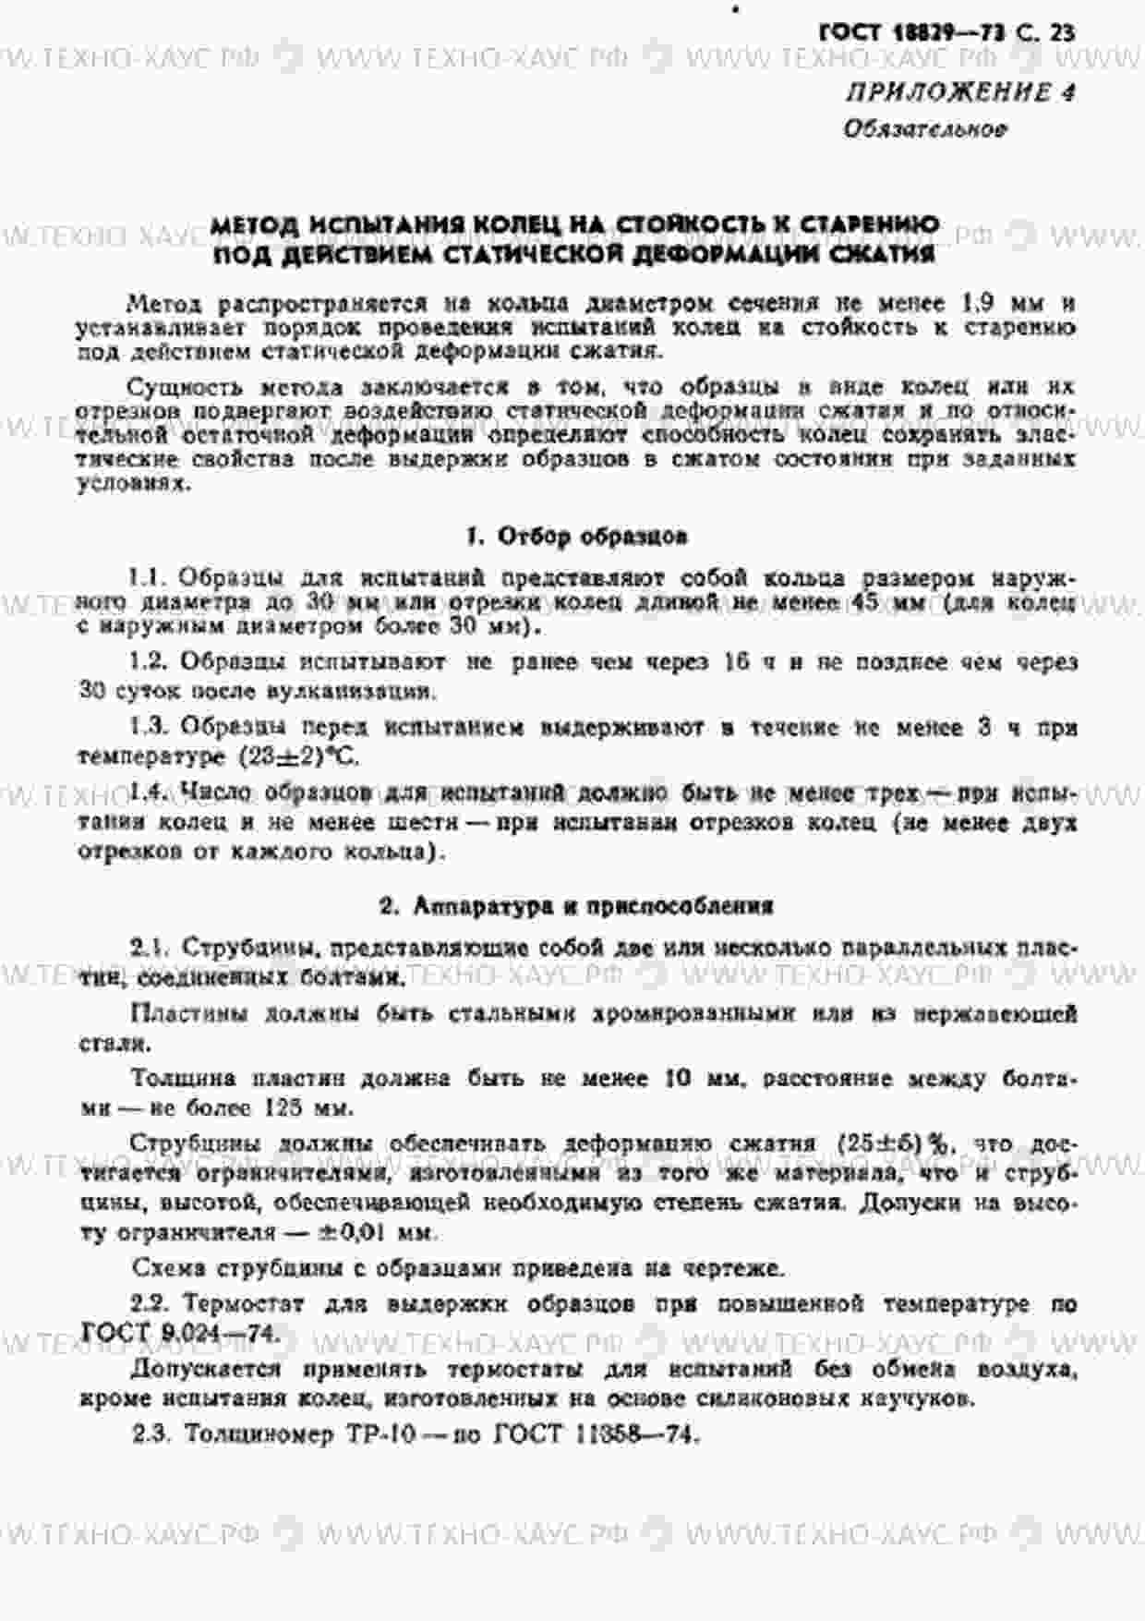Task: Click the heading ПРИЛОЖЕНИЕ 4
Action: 961,92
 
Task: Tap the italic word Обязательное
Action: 924,129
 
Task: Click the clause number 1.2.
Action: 147,661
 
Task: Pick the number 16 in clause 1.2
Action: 737,661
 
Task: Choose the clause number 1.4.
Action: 148,792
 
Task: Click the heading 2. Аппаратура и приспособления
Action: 576,906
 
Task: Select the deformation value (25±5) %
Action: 893,1143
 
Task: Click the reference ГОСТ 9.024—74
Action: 179,1333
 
